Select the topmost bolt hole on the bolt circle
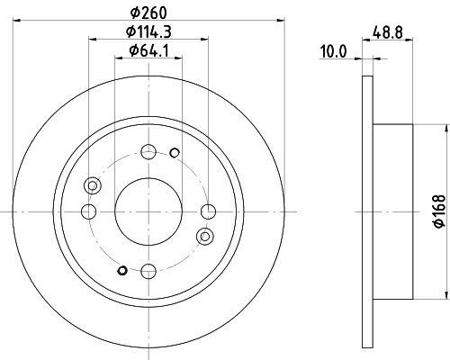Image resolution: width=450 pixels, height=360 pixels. (148, 152)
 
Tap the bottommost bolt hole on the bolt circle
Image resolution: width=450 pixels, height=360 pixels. (148, 268)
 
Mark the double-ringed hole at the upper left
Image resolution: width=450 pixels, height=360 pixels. (91, 185)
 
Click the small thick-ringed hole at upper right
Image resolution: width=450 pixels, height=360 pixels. (175, 151)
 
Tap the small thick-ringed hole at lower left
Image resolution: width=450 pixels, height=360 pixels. (122, 268)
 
